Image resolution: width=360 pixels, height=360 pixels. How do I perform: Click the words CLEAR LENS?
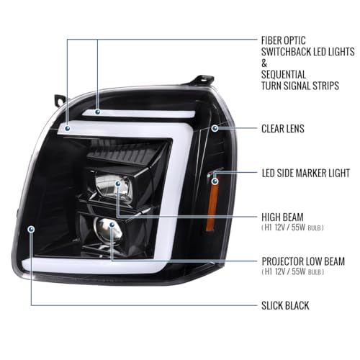283,129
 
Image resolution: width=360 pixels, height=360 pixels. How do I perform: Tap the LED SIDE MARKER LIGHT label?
306,173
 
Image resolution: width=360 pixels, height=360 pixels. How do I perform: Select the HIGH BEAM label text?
282,217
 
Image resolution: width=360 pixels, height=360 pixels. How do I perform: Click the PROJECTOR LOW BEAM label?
303,261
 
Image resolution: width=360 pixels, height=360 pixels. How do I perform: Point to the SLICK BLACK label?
285,305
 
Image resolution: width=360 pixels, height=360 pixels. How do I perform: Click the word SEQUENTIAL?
284,74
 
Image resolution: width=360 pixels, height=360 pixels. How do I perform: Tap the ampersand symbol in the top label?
264,63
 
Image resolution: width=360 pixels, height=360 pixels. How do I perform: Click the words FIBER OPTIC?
284,40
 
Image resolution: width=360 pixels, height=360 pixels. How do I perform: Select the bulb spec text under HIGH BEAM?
292,228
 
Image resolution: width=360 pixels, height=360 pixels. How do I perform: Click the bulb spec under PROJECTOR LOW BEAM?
293,271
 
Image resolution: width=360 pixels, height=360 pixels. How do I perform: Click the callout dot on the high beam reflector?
118,184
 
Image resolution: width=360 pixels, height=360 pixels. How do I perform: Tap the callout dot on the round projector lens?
112,225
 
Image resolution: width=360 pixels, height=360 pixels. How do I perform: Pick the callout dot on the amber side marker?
215,181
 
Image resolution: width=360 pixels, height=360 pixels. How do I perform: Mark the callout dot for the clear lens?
215,128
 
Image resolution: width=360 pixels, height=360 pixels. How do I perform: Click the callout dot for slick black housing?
31,229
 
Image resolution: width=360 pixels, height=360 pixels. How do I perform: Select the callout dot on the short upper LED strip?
97,112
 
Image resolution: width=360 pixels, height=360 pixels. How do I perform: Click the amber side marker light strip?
212,204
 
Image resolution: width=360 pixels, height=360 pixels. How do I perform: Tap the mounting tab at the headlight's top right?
203,80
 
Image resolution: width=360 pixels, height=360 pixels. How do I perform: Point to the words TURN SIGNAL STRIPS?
300,86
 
